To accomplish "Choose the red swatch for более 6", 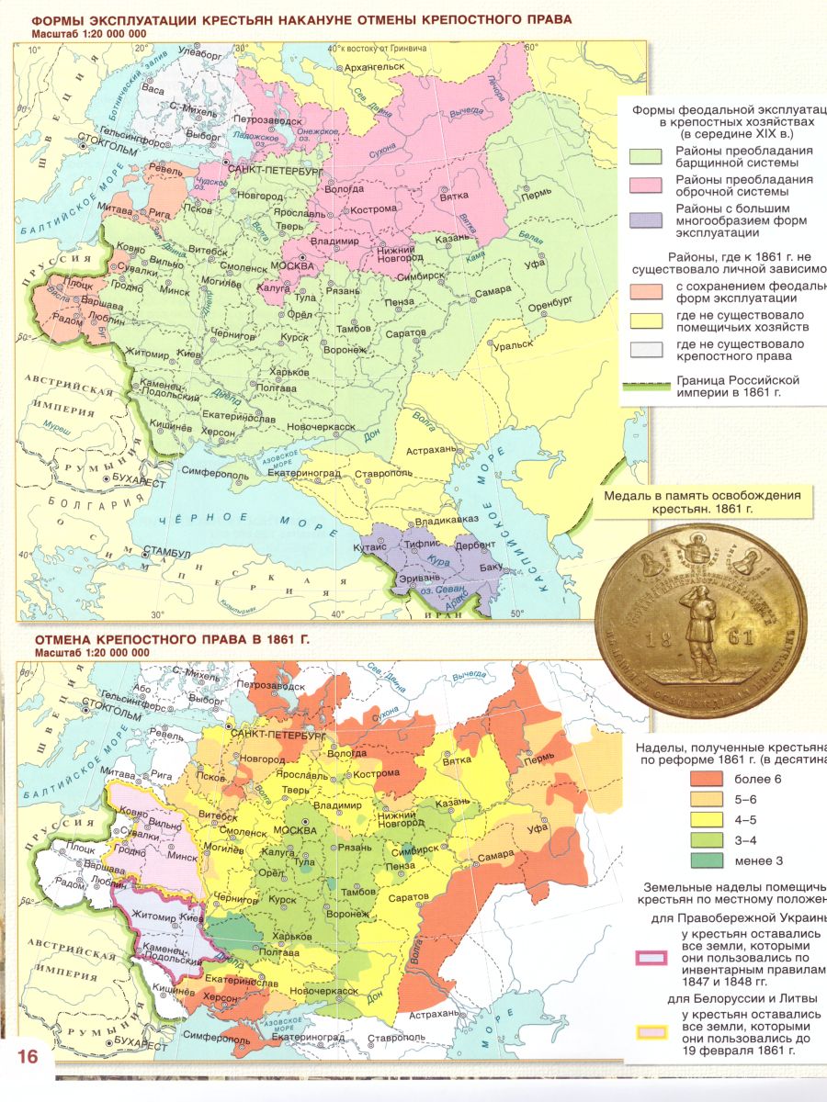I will click(703, 780).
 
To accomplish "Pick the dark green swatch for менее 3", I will click(703, 860).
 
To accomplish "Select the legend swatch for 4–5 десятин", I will click(703, 820).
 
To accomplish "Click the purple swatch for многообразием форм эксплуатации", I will click(645, 220).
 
